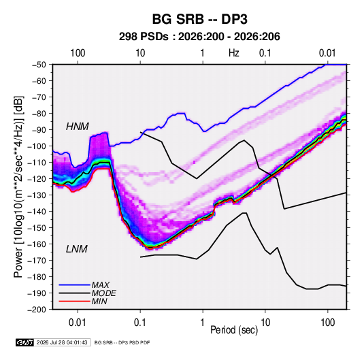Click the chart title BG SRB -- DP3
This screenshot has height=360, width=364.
(x=199, y=19)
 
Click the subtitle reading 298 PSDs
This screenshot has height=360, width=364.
(x=144, y=37)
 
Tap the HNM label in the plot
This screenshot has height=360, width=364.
(x=78, y=127)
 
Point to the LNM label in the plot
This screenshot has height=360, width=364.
(x=77, y=249)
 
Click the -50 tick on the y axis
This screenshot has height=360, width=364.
(x=39, y=65)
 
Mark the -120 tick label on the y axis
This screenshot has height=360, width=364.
(x=37, y=179)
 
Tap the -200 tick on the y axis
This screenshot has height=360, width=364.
(x=37, y=310)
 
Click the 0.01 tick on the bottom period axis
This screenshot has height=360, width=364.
(x=78, y=323)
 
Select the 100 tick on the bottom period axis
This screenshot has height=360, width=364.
(x=327, y=323)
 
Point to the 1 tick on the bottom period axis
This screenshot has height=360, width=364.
(x=203, y=323)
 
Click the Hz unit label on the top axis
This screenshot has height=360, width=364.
(x=234, y=53)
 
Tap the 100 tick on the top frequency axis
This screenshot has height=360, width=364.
(x=78, y=53)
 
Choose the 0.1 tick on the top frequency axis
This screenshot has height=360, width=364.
(x=265, y=53)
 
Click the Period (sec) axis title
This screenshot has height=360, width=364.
(x=234, y=330)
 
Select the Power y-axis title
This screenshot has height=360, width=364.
(x=19, y=186)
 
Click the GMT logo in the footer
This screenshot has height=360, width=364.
(x=25, y=342)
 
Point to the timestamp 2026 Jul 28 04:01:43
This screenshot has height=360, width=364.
(x=62, y=342)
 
